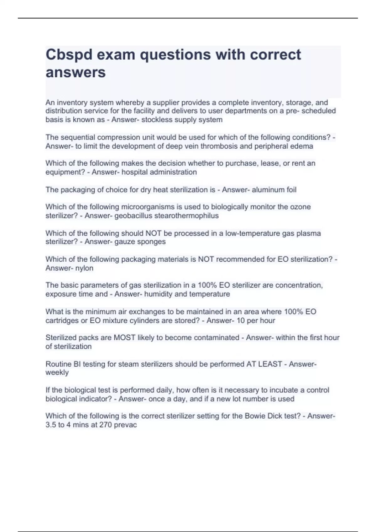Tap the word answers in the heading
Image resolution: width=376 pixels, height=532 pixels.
(x=76, y=72)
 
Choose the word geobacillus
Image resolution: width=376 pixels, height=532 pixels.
(x=133, y=216)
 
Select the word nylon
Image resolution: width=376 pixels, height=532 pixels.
(x=84, y=268)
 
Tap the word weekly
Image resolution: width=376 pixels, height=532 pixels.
(x=57, y=373)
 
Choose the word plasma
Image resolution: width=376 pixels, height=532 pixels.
(x=309, y=233)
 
